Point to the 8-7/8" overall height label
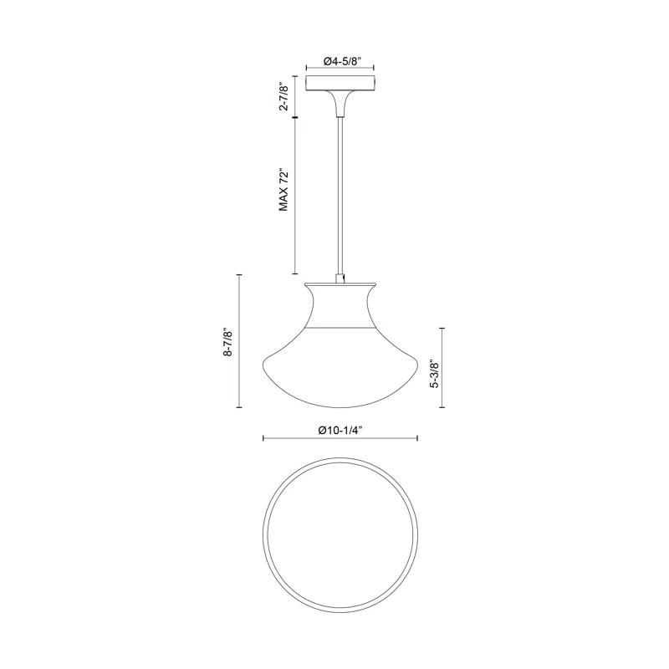[227, 341]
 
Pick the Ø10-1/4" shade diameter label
[340, 428]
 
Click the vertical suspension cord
[340, 192]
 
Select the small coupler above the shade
[340, 277]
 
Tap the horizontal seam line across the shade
[340, 325]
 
